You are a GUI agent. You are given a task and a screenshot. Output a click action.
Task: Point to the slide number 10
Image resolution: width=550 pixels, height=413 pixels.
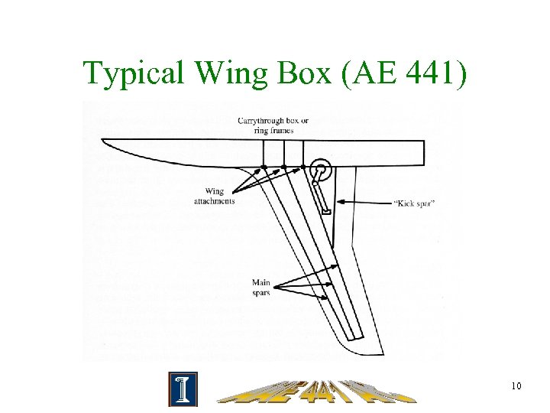(516, 386)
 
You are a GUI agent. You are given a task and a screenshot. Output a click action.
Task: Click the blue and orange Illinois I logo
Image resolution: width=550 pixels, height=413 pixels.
(183, 389)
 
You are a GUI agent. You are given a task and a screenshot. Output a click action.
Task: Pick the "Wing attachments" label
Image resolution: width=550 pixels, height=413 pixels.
(214, 196)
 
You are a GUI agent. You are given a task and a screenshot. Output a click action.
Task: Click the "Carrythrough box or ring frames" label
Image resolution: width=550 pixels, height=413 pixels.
(273, 125)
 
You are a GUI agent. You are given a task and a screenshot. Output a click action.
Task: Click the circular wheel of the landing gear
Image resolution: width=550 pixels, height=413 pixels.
(319, 172)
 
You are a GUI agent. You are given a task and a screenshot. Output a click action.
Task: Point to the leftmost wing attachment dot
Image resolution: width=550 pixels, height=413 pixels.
(264, 166)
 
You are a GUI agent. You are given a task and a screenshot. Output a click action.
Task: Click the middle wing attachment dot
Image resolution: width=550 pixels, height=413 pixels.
(284, 166)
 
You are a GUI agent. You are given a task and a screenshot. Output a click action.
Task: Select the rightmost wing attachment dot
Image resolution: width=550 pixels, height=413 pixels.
(304, 166)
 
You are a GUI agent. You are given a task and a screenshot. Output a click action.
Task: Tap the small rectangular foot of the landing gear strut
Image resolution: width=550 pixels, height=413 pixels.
(327, 210)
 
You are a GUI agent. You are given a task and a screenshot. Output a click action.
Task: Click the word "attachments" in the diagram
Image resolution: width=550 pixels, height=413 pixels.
(214, 200)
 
